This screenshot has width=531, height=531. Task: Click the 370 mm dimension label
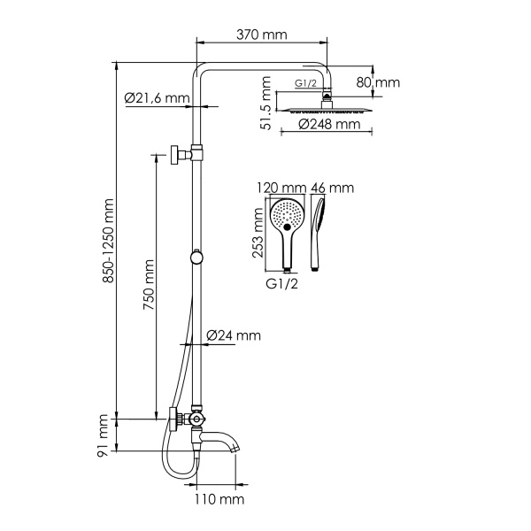tap(263, 35)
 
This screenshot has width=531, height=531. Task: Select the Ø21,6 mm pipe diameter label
tap(158, 98)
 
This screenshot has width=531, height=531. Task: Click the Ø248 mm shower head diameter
tap(329, 125)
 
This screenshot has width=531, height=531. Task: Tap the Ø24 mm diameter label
tap(233, 335)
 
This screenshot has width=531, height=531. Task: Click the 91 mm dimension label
tap(104, 437)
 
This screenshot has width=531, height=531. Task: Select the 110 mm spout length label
tap(219, 500)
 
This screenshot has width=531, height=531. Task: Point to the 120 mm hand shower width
tap(281, 188)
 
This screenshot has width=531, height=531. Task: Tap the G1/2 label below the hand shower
tap(282, 284)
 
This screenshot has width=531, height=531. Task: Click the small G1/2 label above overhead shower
tap(306, 86)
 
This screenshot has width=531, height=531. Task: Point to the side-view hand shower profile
tap(320, 232)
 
